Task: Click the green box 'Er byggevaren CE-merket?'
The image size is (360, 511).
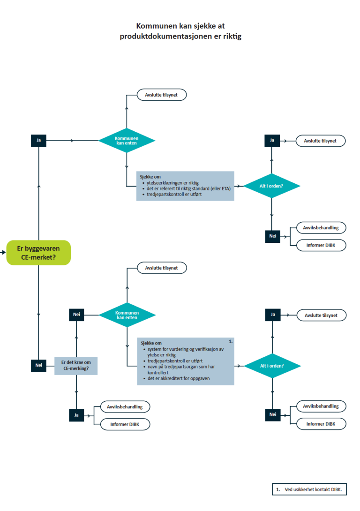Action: coord(38,253)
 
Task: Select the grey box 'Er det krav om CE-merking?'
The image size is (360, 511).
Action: coord(76,366)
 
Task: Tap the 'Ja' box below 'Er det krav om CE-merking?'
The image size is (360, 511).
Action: coord(76,415)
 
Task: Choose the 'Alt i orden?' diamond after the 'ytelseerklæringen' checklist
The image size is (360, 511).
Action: coord(271,186)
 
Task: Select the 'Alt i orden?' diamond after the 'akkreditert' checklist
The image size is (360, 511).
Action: coord(272,366)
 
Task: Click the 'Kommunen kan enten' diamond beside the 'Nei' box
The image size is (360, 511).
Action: coord(127,315)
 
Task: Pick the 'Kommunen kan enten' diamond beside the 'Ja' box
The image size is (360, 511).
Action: coord(127,141)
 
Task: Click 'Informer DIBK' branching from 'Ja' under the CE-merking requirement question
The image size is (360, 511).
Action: coord(125,424)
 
